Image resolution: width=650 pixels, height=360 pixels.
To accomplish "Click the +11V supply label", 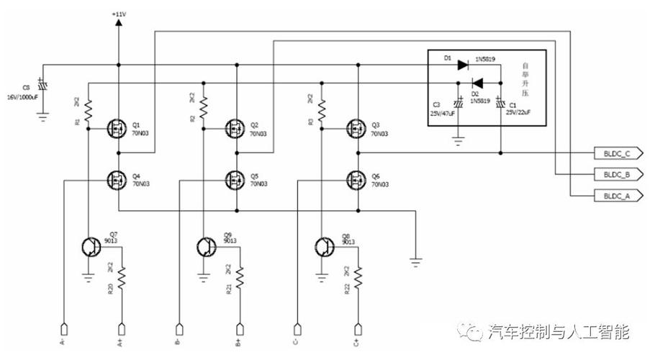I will [x=119, y=14].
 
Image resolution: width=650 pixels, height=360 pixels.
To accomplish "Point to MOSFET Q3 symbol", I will [x=354, y=130].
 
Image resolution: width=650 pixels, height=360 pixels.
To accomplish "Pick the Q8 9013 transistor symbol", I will [x=325, y=248].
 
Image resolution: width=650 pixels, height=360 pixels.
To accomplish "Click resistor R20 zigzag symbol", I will [x=122, y=278].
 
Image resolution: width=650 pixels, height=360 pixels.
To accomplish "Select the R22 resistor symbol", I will [x=357, y=278].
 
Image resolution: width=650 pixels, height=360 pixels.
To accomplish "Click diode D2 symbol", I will [x=477, y=83].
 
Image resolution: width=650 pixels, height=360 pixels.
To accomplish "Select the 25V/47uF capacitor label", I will [x=443, y=112].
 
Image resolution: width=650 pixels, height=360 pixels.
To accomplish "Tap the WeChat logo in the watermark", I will [x=475, y=332].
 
